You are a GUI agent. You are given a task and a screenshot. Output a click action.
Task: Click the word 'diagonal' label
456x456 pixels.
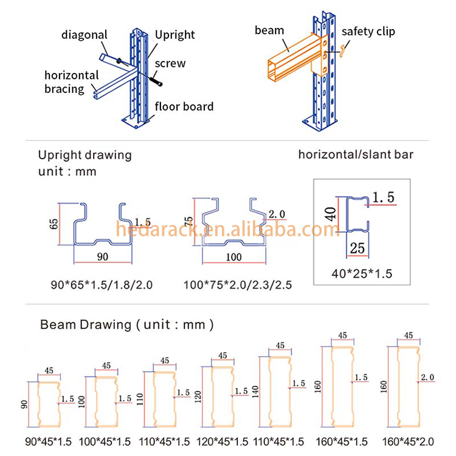pos(85,35)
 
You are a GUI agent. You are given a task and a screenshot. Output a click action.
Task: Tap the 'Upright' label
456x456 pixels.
pos(174,35)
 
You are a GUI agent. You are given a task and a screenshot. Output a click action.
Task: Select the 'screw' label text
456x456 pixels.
pos(170,63)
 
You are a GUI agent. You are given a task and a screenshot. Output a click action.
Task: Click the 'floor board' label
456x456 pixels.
pos(184,106)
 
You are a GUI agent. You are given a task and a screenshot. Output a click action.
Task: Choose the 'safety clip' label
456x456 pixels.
pos(368,32)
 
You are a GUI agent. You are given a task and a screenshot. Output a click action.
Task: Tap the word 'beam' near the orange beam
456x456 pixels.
pos(269,30)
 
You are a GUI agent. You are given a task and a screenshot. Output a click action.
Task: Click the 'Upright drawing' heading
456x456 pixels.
pos(85,155)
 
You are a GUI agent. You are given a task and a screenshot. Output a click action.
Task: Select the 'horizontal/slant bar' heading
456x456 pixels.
pos(356,154)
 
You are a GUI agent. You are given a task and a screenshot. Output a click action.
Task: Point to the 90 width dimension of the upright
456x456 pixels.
pos(103,257)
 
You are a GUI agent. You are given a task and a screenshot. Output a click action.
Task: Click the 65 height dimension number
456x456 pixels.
pos(54,224)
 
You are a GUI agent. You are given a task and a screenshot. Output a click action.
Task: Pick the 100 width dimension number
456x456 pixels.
pos(233,257)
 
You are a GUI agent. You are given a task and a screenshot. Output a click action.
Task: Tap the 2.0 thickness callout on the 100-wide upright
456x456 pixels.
pos(277,215)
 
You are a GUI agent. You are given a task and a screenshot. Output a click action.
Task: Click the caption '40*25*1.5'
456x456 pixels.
pos(362,274)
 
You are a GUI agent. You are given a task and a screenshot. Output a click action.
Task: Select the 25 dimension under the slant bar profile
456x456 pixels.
pos(357,248)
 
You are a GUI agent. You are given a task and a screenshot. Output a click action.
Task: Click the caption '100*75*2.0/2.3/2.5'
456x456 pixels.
pos(238,285)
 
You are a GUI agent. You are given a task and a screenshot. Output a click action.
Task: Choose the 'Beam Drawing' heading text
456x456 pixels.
pos(86,325)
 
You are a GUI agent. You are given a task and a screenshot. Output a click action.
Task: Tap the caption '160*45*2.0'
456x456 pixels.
pos(408,442)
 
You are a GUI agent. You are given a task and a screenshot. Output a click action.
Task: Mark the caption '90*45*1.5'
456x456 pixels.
pos(48,442)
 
